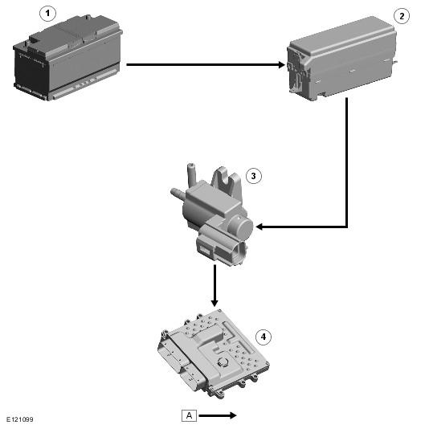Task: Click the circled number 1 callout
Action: click(47, 13)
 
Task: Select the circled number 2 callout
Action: click(402, 16)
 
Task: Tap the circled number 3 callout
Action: click(254, 176)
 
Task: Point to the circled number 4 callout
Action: click(264, 337)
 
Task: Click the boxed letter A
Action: click(189, 415)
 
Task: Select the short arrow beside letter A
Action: click(218, 415)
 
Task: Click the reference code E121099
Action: click(20, 419)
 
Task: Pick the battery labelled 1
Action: click(67, 58)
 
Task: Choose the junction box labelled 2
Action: click(342, 58)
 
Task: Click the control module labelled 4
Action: click(214, 353)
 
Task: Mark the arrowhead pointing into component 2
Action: click(282, 65)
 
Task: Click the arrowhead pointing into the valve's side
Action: click(259, 227)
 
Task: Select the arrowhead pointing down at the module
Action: click(214, 303)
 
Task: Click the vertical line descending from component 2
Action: click(346, 162)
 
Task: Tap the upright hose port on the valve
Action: click(191, 174)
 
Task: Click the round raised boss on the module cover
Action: click(223, 362)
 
